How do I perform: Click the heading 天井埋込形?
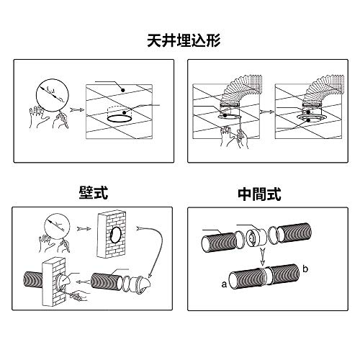pos(184,41)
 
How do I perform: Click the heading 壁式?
pos(94,192)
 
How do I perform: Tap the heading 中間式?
pos(259,194)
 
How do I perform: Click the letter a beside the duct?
pos(224,284)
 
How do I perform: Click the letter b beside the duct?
pos(305,269)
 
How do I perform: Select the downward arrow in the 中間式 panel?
pos(263,256)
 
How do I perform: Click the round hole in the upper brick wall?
pos(116,235)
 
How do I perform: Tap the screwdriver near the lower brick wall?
pos(76,297)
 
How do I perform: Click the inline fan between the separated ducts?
pos(256,237)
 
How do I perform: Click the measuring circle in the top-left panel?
pos(52,95)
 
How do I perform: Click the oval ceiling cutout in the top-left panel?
pos(120,119)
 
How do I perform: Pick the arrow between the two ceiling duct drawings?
pos(267,112)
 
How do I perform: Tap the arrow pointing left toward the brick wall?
pos(82,282)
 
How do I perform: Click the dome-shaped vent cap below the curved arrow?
pos(141,284)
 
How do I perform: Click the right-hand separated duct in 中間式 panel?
pos(294,233)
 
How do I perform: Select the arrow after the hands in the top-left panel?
pos(76,110)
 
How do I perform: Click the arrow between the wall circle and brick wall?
pos(84,228)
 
